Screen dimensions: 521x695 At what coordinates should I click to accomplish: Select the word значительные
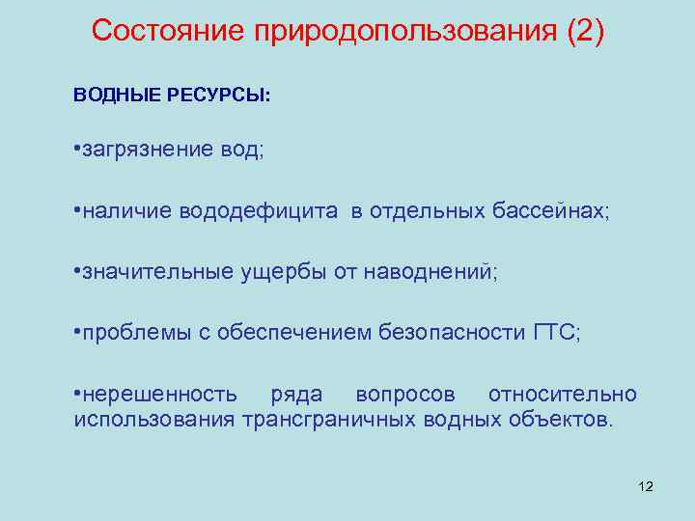click(x=154, y=272)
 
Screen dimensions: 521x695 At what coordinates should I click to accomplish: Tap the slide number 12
click(x=646, y=486)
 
